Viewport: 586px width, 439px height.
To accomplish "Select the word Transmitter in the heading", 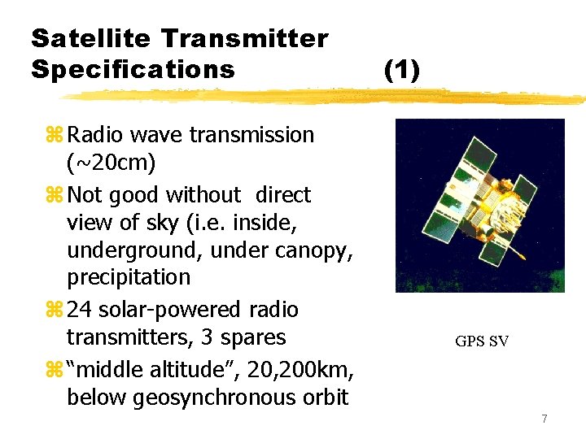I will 244,38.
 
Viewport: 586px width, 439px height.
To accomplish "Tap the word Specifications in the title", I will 133,69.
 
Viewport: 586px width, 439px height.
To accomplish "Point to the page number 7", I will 544,419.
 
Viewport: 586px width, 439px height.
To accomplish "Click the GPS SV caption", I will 482,341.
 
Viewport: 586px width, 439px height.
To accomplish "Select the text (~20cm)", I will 112,163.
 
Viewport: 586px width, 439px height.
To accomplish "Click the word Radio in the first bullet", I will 96,135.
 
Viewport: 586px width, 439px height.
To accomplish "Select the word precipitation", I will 129,277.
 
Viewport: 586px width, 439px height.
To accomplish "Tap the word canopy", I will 318,250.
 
